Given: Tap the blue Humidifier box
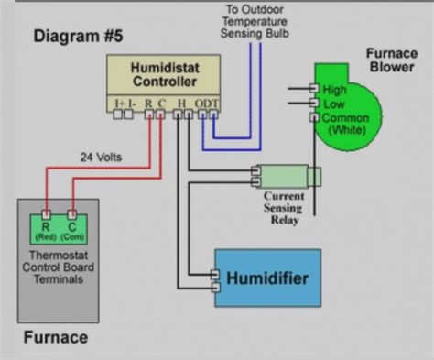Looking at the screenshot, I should click(267, 278).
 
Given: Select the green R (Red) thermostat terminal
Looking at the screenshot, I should click(45, 226).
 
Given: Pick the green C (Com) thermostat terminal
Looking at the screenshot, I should click(71, 226).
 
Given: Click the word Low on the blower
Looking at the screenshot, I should click(335, 104).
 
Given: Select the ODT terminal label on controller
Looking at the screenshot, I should click(210, 103).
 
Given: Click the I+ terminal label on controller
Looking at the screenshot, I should click(120, 103).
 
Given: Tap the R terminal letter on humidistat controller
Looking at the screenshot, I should click(148, 103).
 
